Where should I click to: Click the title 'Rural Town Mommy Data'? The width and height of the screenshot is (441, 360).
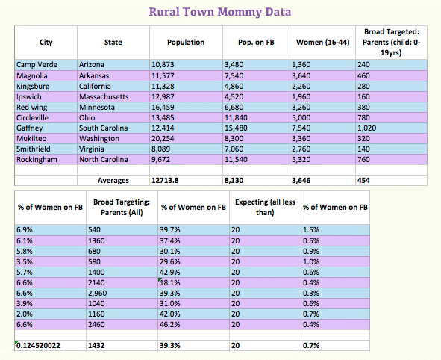tap(220, 12)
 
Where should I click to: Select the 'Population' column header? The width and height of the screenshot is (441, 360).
tap(186, 43)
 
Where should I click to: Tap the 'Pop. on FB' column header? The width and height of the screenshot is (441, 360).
tap(256, 43)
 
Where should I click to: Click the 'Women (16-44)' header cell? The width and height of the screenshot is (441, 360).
tap(323, 43)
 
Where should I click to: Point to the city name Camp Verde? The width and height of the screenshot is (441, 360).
tap(37, 65)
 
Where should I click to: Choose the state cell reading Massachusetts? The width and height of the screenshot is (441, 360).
tap(104, 97)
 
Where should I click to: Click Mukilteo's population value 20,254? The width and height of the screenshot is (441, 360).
tap(163, 138)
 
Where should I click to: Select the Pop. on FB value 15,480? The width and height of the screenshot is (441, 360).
tap(236, 128)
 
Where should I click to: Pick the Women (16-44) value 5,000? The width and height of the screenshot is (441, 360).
tap(301, 118)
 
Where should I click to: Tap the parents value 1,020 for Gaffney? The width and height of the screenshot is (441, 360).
tap(366, 128)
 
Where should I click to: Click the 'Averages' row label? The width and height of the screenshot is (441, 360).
tap(113, 181)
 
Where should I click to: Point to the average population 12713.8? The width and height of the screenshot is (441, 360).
tap(165, 181)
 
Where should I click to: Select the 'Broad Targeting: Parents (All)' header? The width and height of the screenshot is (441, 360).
tap(122, 207)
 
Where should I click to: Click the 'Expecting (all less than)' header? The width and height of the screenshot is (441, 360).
tap(265, 207)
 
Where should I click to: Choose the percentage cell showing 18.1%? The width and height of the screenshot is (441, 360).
tap(170, 282)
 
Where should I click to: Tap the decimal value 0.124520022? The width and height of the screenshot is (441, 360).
tap(38, 345)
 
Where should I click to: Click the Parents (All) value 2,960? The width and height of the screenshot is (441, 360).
tap(97, 293)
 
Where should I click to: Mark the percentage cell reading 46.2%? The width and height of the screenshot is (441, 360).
tap(170, 325)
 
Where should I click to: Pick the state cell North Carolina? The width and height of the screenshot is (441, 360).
tap(104, 160)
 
